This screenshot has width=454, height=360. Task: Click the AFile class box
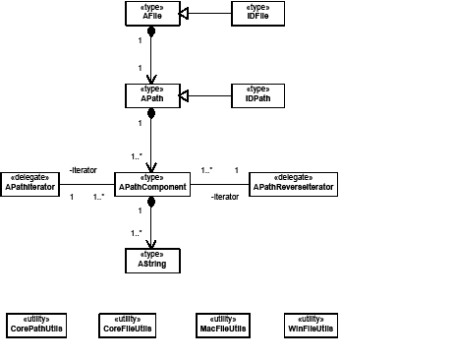coord(150,13)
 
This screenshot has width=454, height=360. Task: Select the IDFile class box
coord(258,13)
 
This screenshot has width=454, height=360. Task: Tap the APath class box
coord(150,95)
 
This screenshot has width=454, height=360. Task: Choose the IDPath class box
coord(258,95)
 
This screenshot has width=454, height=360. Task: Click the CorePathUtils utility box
coord(36,326)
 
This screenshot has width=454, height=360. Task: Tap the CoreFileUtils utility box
coord(128,326)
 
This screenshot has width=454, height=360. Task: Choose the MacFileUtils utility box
coord(221,326)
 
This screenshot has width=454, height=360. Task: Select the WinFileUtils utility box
coord(310,326)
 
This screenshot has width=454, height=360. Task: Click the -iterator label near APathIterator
coord(83,170)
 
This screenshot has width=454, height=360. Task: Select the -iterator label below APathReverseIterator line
coord(225,197)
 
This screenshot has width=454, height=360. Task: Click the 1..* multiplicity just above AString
coord(135,233)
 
